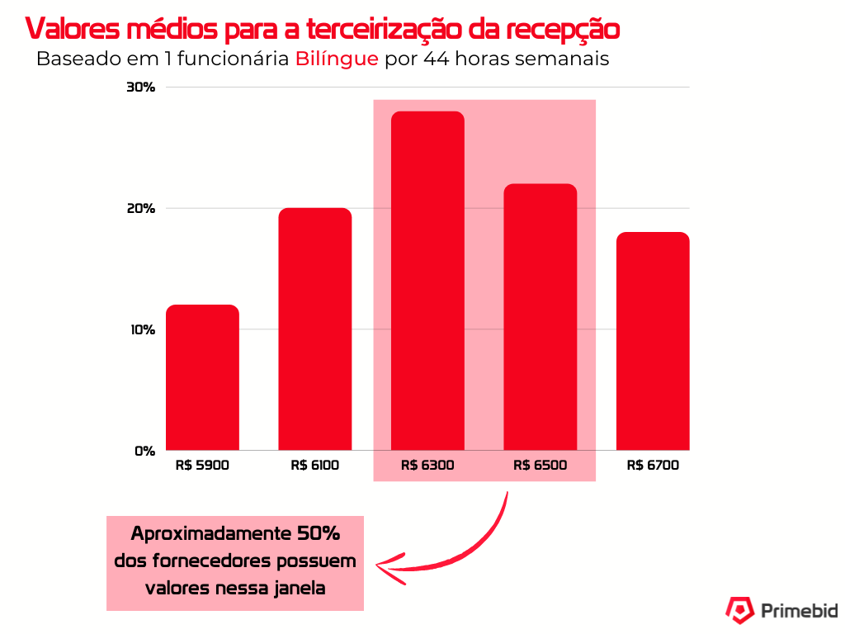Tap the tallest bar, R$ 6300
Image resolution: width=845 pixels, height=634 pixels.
point(427,281)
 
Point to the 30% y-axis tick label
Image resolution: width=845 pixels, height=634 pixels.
point(140,88)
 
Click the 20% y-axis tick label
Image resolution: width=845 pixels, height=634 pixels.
point(140,208)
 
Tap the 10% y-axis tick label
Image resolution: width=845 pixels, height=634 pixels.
point(140,329)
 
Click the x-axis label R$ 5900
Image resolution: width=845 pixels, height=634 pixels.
point(202,466)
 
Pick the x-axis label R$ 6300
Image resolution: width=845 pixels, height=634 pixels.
point(427,466)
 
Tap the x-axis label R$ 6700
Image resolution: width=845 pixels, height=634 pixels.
point(653,466)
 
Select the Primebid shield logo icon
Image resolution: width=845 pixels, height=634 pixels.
point(739,610)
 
